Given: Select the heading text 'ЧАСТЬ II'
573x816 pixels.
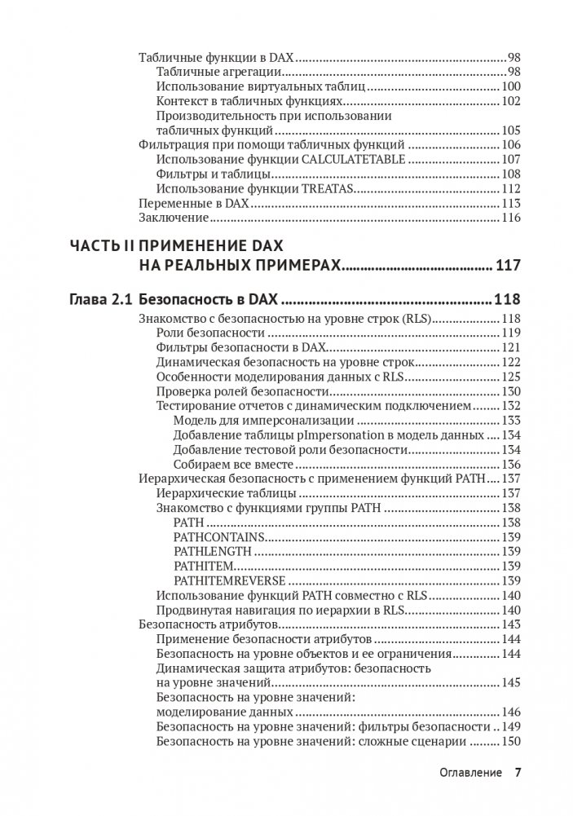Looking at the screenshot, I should pyautogui.click(x=101, y=245).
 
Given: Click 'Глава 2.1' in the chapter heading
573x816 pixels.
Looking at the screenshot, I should pyautogui.click(x=100, y=299).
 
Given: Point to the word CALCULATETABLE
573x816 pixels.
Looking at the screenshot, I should pyautogui.click(x=353, y=159).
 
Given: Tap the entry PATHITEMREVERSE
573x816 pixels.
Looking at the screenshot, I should pyautogui.click(x=229, y=580).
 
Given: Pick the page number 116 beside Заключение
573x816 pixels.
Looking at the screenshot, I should pyautogui.click(x=511, y=218).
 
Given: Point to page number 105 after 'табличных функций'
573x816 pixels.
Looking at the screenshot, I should pyautogui.click(x=511, y=130).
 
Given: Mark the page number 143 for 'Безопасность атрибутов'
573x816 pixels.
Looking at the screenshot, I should pyautogui.click(x=511, y=624).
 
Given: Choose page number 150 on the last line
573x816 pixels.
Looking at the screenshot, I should pyautogui.click(x=511, y=742).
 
